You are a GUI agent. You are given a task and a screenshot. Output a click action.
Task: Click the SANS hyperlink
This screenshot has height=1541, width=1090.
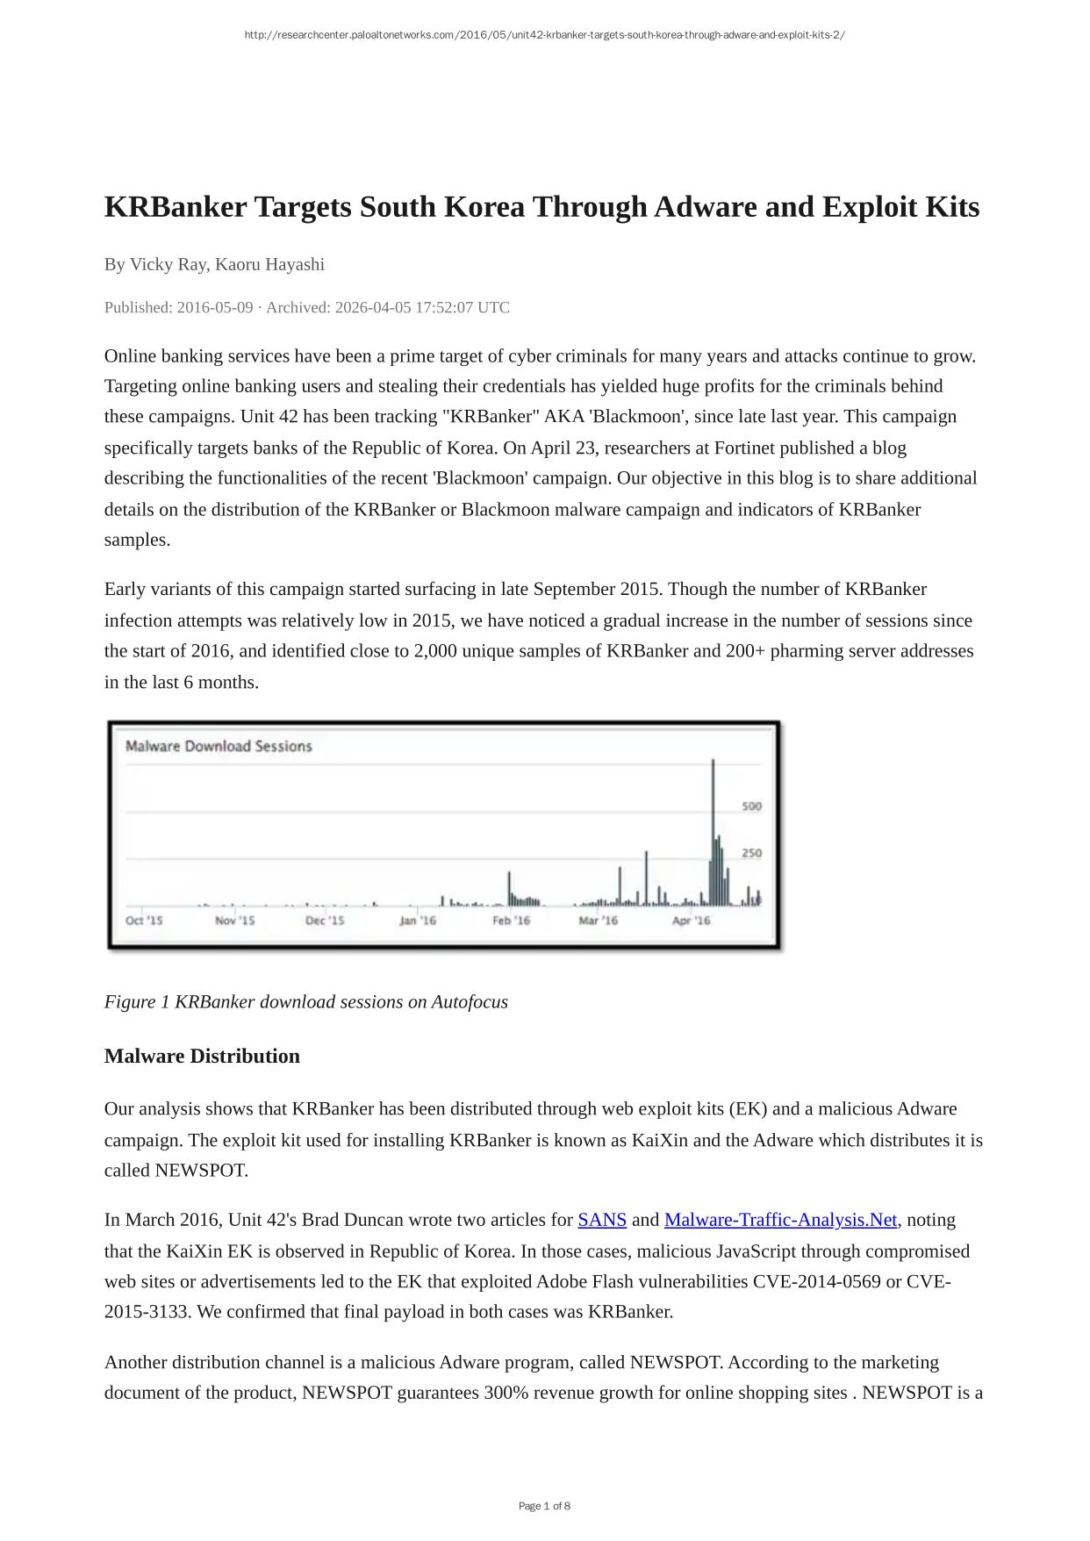601,1220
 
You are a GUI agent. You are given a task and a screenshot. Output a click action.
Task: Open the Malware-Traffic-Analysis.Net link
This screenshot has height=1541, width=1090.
780,1220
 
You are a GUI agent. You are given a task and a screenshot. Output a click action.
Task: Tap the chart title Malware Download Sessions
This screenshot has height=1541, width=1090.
219,746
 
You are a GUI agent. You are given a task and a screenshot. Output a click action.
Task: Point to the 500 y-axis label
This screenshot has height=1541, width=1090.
751,806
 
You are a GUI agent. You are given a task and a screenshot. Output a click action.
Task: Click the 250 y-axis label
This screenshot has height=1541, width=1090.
751,853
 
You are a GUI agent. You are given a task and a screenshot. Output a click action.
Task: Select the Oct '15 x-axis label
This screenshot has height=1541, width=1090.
144,921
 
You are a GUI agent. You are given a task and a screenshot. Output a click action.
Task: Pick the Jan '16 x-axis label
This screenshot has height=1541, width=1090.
418,921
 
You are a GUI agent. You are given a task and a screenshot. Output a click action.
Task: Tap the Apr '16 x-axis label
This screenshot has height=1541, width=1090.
691,921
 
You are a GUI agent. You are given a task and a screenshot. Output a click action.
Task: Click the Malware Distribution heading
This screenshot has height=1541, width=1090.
202,1056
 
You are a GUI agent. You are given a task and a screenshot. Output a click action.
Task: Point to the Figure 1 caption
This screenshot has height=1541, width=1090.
305,1001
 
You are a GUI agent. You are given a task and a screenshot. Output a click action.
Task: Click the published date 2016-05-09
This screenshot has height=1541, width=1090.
215,307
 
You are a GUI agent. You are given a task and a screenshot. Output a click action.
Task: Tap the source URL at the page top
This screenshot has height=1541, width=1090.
544,35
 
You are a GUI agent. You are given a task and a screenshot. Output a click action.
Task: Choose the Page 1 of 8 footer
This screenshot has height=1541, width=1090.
544,1506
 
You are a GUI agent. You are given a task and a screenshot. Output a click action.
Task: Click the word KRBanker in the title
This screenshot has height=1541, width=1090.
176,207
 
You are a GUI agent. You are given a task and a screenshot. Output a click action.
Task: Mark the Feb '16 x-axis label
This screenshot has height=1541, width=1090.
511,921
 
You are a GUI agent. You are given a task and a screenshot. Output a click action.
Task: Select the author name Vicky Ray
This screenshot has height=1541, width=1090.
168,264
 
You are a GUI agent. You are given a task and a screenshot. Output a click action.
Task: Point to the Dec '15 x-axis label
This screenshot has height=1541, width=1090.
325,921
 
